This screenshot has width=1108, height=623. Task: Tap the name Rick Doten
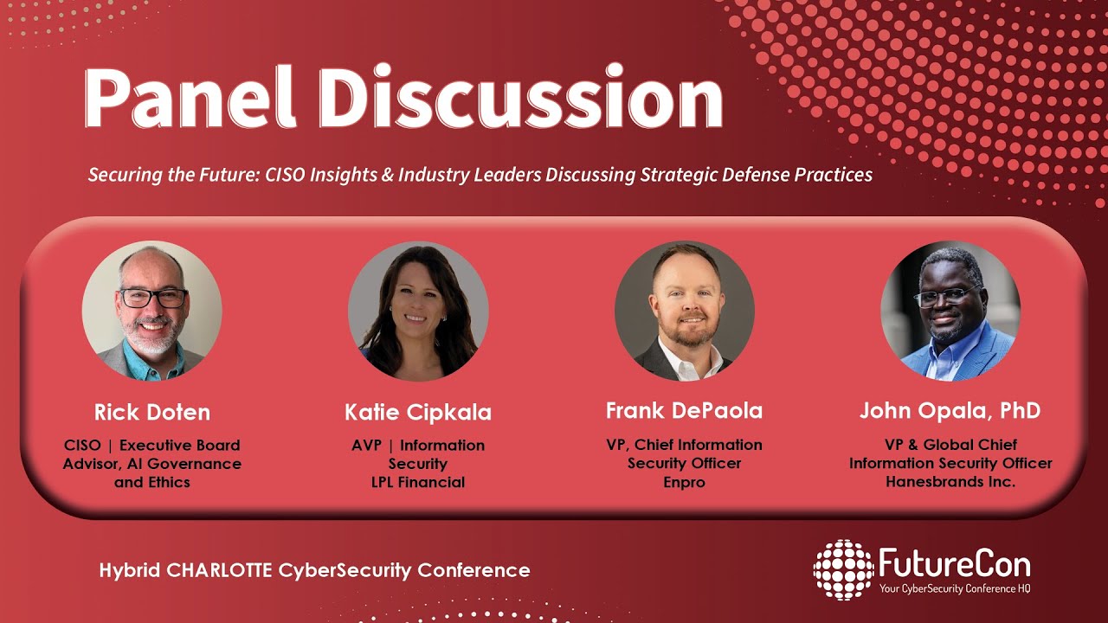coord(152,411)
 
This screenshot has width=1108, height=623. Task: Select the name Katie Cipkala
coord(418,413)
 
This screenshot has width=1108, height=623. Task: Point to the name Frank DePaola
coord(684,410)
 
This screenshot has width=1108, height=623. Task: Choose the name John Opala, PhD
coord(950,410)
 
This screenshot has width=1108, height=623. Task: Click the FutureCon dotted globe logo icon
coord(843,569)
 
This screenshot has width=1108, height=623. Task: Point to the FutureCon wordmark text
coord(954,564)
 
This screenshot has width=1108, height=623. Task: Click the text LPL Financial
coord(418,482)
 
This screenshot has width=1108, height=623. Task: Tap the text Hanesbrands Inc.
coord(950,481)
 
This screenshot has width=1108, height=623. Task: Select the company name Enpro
coord(684,482)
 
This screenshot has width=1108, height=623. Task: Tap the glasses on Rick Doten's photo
coord(152,298)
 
